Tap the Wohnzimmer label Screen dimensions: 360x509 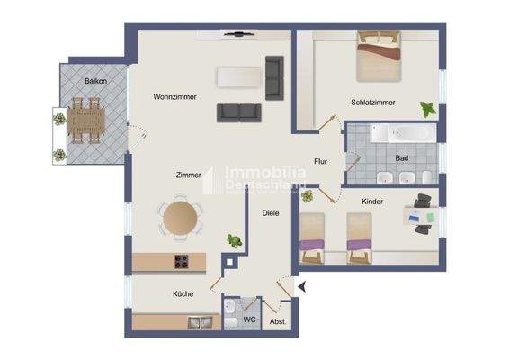tap(174, 96)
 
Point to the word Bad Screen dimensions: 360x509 tap(401, 158)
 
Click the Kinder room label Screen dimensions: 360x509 tap(372, 202)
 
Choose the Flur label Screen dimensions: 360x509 tap(321, 162)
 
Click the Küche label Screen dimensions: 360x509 tap(183, 293)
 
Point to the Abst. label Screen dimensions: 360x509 tap(279, 321)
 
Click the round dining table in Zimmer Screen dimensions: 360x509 tap(180, 217)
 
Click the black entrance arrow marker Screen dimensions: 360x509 tap(303, 286)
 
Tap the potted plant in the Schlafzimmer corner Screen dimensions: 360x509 tap(429, 110)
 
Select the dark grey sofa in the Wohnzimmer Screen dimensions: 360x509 tap(239, 112)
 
